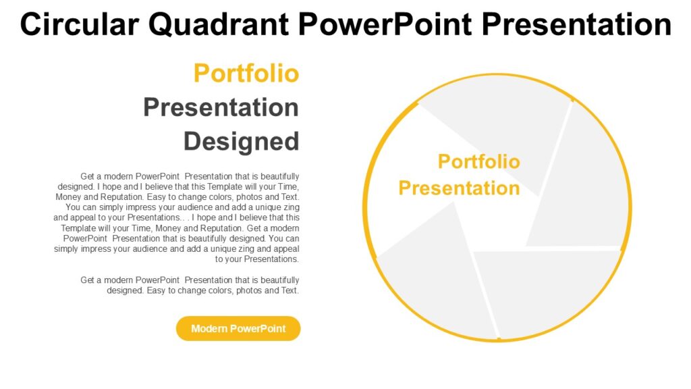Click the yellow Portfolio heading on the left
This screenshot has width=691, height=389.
tap(246, 73)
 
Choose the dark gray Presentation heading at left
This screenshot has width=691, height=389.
tap(221, 107)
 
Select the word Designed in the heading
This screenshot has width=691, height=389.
tap(241, 142)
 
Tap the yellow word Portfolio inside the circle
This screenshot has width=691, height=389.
tap(478, 161)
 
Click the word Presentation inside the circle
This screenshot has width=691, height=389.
tap(459, 188)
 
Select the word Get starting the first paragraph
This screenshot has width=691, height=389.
tap(88, 176)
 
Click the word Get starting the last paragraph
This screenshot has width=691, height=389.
tap(88, 280)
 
